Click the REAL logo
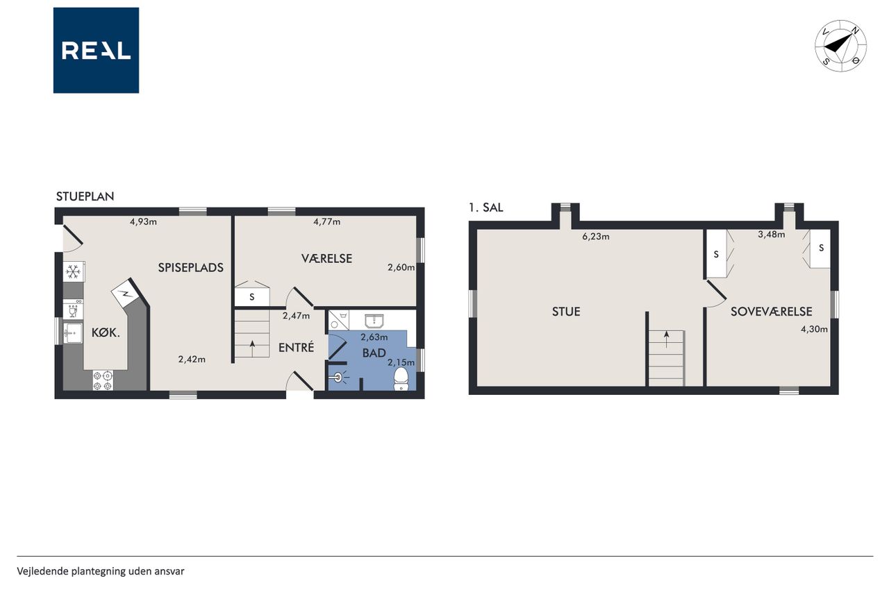tap(96, 51)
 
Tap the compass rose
tap(840, 46)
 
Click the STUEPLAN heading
tap(85, 196)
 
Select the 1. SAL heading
tap(485, 208)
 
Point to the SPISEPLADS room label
tap(190, 268)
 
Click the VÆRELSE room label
tap(326, 259)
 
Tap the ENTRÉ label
tap(296, 347)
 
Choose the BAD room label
tap(374, 353)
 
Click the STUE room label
tap(566, 312)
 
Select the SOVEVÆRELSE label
tap(771, 312)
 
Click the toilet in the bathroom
tap(401, 379)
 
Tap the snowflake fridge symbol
tap(74, 271)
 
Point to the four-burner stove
tap(102, 380)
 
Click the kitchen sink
tap(73, 333)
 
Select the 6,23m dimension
tap(595, 237)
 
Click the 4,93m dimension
tap(143, 221)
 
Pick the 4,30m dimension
tap(814, 329)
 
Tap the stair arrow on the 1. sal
tap(666, 339)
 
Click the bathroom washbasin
tap(374, 321)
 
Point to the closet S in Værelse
tap(251, 297)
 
